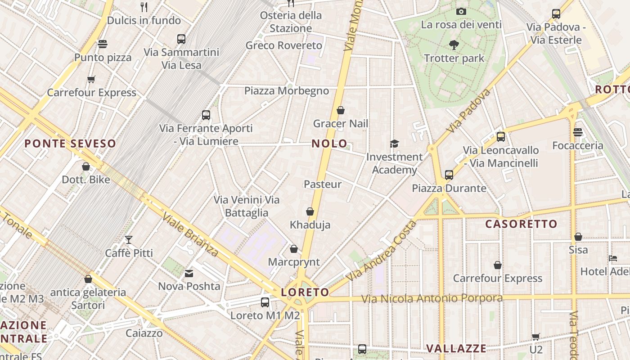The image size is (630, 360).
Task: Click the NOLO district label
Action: coord(329,144)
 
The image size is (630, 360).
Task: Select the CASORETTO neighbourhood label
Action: coord(521,224)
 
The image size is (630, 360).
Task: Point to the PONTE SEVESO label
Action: coord(70,144)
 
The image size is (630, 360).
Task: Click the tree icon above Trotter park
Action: coord(454,45)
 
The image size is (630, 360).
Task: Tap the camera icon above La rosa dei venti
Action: coord(461,11)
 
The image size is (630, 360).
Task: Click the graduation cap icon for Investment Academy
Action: coord(394,144)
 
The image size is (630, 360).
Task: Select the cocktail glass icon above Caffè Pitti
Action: coord(129,239)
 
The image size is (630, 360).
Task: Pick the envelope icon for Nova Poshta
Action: coord(189,273)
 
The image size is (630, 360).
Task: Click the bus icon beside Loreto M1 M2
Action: coord(265,302)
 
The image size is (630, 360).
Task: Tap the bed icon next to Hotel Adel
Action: coord(613,258)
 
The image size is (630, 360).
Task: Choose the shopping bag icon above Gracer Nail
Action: coord(341,110)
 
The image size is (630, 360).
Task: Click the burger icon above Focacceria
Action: coord(578,132)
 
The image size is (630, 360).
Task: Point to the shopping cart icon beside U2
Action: coord(535,337)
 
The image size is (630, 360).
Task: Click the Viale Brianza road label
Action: coord(190,234)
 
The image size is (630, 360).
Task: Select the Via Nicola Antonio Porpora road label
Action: coord(432,298)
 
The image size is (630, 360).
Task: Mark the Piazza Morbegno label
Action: coord(287,91)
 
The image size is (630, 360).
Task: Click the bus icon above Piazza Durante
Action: coord(449,175)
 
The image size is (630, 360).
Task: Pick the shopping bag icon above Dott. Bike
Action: coord(86,166)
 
